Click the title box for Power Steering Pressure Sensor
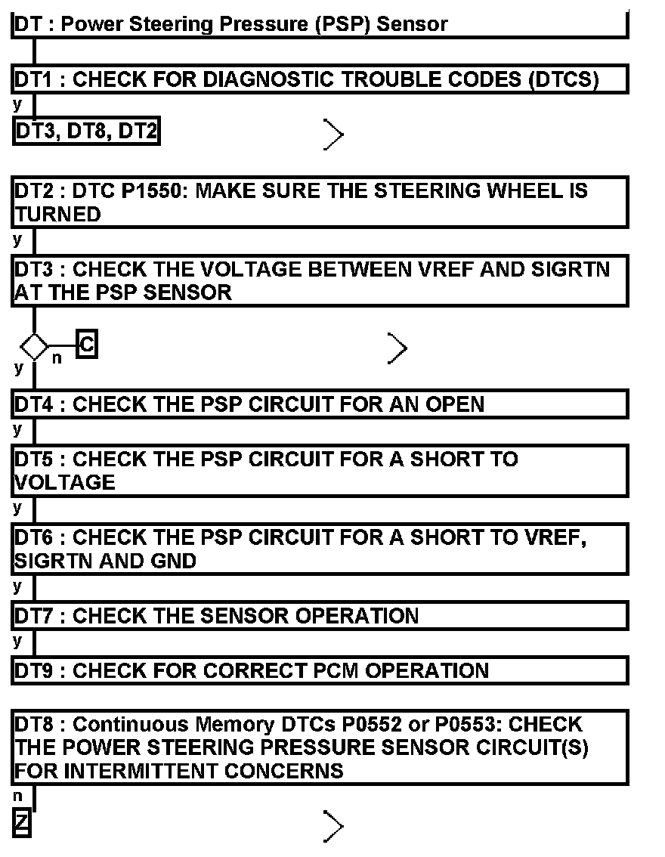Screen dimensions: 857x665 [320, 24]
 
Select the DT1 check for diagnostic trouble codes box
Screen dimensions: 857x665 [320, 79]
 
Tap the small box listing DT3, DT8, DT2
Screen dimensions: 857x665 [86, 131]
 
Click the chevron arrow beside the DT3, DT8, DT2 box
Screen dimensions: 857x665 [333, 135]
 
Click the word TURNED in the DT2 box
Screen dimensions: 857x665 [57, 215]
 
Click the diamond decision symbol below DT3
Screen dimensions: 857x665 [34, 347]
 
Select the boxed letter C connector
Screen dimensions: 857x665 [87, 346]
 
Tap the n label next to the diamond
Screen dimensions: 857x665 [57, 359]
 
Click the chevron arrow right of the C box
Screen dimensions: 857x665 [397, 348]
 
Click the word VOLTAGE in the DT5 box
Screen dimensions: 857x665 [65, 482]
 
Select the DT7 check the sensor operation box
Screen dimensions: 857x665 [320, 615]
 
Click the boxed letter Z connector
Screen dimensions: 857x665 [22, 823]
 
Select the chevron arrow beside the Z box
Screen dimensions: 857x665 [333, 826]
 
